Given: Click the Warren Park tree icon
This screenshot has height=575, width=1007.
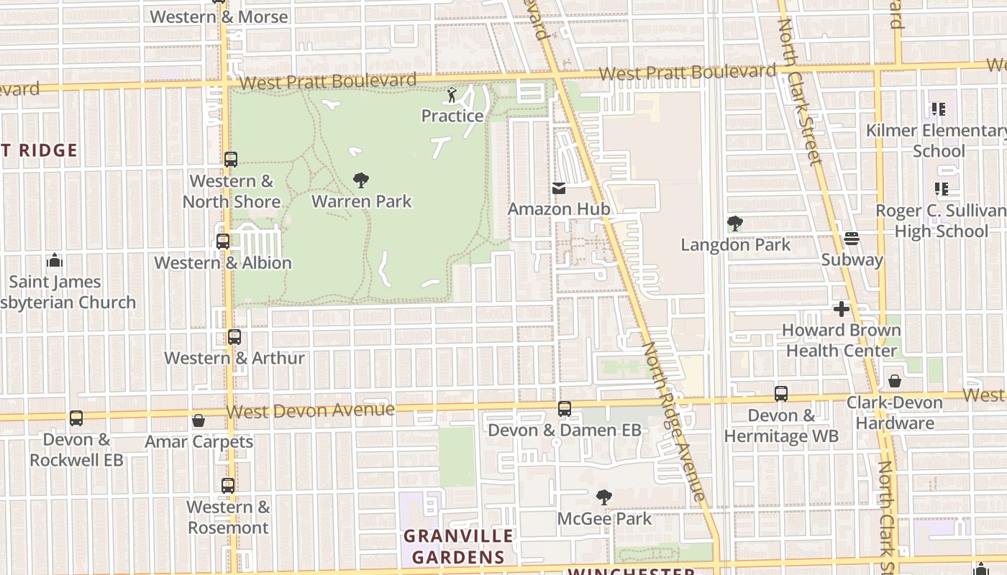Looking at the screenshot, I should [x=361, y=180].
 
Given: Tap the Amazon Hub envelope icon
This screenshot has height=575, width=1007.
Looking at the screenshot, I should [x=559, y=188].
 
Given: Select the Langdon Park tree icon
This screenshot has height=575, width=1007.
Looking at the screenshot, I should [x=734, y=224].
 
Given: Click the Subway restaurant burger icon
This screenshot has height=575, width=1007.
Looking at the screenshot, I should [x=852, y=238].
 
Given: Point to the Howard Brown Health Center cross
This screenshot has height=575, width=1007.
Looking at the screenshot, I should [x=841, y=309].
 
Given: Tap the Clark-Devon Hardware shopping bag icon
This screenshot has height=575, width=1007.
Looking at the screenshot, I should [x=895, y=381].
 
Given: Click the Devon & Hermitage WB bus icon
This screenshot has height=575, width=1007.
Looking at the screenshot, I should [x=781, y=394].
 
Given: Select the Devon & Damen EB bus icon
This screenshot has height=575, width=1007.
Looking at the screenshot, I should [x=565, y=409].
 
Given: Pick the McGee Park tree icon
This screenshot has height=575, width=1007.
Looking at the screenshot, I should [x=604, y=497].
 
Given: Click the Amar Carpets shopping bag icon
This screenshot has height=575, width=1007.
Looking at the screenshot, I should [x=199, y=420].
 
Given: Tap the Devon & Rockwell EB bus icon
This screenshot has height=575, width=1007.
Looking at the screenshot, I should [x=76, y=418].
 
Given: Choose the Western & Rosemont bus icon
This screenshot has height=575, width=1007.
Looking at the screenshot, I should [x=228, y=486].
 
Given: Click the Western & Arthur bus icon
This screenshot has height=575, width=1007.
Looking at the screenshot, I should [x=234, y=336].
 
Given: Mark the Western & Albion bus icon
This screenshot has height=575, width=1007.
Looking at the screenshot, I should [x=223, y=241].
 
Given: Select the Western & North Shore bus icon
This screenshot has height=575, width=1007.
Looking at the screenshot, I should [x=230, y=160].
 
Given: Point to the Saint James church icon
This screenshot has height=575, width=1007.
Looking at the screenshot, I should [x=55, y=260].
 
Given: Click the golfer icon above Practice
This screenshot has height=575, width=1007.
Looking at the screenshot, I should [x=452, y=94].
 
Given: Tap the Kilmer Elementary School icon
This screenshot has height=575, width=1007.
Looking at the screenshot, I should [x=939, y=109].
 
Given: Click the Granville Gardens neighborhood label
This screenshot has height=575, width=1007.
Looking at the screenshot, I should [x=458, y=546].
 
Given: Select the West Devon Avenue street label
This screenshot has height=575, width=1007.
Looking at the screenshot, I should [x=311, y=410].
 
